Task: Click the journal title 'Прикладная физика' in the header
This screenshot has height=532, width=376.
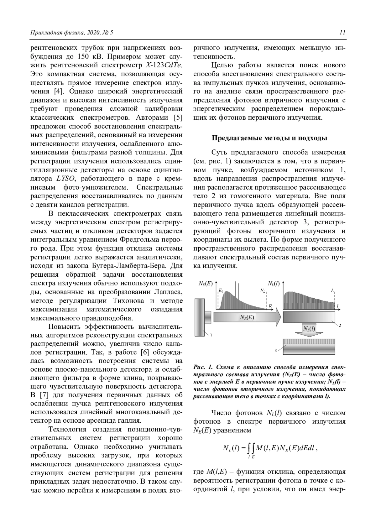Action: pos(52,32)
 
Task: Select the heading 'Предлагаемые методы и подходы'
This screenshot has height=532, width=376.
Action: pos(269,138)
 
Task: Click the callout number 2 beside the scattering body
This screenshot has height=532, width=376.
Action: pos(340,326)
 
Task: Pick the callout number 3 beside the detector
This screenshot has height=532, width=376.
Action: pos(275,351)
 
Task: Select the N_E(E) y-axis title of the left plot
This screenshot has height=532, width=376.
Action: pos(205,284)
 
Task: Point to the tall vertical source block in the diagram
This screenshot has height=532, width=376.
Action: pos(200,317)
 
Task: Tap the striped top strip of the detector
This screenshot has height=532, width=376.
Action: pos(309,341)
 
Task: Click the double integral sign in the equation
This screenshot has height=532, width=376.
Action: pos(251,449)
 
